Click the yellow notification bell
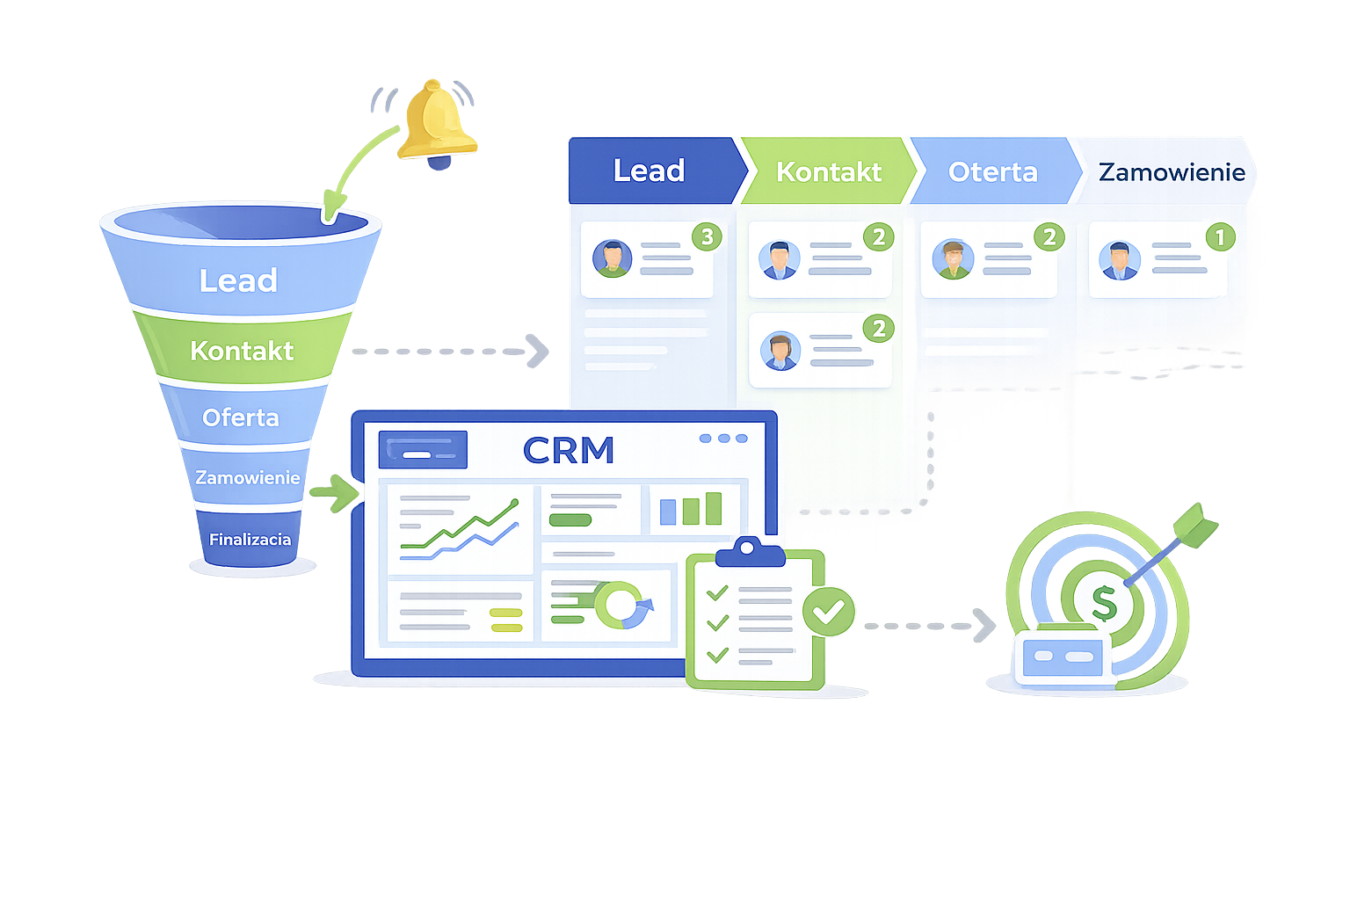(436, 122)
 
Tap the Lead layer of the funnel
(238, 280)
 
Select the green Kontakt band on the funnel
(242, 351)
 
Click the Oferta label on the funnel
(240, 417)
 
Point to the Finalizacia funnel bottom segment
(250, 539)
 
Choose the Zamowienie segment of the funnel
(247, 477)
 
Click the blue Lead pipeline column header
(650, 171)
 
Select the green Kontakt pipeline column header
(828, 171)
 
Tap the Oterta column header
(992, 171)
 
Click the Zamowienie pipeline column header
(1171, 171)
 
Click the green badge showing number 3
(707, 236)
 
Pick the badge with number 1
(1220, 236)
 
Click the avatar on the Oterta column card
(953, 259)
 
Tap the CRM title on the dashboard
(569, 451)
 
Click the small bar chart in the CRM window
(691, 510)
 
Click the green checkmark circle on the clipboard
(828, 611)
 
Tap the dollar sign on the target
(1103, 603)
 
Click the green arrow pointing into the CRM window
(335, 493)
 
